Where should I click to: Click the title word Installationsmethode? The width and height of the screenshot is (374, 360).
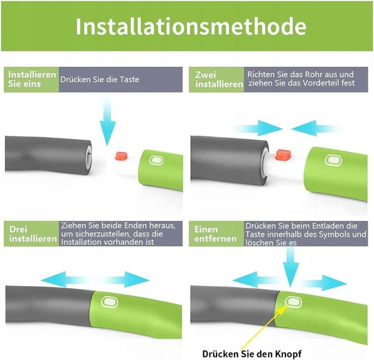click(x=191, y=26)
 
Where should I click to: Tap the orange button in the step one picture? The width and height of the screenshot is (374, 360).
click(x=121, y=156)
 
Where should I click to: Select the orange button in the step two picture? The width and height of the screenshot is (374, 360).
click(x=282, y=155)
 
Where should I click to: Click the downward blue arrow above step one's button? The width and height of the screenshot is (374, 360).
click(x=108, y=121)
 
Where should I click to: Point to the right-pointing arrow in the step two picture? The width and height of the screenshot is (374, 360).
click(x=258, y=128)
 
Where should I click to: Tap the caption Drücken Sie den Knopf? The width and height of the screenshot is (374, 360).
click(x=252, y=354)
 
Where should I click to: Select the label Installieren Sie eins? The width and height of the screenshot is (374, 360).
click(x=32, y=79)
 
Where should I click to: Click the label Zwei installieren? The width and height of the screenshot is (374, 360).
click(x=219, y=79)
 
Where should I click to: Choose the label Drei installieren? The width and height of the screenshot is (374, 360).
click(x=33, y=234)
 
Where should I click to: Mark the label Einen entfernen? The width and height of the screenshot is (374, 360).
click(x=215, y=234)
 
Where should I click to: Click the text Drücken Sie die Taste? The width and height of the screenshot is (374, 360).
click(x=99, y=79)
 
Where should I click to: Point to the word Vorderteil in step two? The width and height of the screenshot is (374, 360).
click(x=320, y=83)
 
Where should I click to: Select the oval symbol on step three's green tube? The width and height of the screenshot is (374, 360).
click(x=110, y=303)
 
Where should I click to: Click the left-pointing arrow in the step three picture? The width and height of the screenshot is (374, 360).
click(x=65, y=280)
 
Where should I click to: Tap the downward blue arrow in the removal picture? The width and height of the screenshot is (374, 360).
click(x=291, y=267)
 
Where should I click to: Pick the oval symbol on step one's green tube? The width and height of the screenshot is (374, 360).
click(x=156, y=161)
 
